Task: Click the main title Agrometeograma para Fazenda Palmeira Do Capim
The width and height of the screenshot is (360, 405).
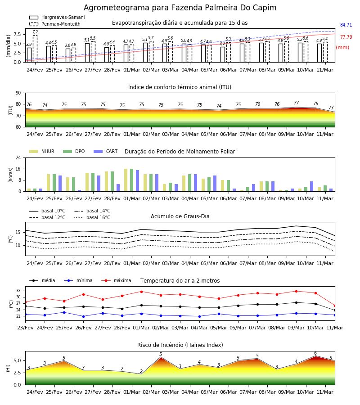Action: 180,8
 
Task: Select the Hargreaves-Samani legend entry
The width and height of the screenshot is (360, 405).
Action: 57,17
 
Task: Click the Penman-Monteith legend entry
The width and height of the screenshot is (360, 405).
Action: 55,24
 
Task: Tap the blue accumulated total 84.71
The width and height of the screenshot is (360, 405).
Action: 346,25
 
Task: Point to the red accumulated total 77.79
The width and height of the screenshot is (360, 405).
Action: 346,37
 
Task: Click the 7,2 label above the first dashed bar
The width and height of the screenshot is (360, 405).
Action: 35,32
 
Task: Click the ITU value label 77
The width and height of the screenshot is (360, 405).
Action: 296,103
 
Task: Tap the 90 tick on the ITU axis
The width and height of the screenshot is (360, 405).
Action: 18,93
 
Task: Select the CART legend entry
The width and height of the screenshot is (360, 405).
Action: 105,151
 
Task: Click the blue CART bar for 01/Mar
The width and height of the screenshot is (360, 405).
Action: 138,181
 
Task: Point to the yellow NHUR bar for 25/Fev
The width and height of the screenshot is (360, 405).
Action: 48,183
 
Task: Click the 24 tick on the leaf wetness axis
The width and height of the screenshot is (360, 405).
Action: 18,157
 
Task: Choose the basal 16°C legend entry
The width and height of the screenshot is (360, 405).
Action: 92,217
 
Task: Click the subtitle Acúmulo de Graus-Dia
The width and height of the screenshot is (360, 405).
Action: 180,216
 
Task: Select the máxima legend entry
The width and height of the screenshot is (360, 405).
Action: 116,280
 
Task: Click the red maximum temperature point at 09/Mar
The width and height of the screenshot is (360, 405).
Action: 296,291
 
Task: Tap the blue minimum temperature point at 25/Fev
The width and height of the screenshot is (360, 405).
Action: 64,313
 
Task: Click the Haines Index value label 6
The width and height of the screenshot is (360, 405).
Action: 315,353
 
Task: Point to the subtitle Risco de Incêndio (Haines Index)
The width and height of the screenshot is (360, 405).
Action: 180,345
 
